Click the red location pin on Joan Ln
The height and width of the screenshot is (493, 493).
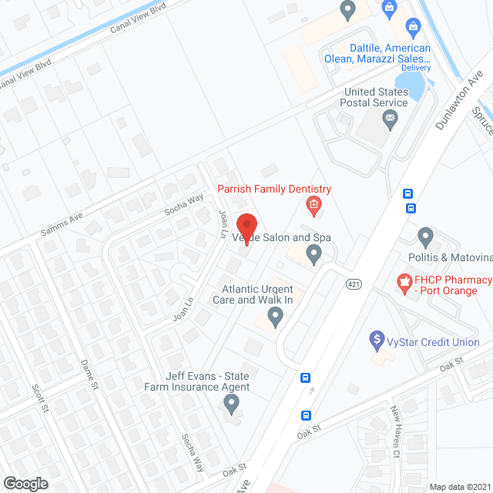(x=246, y=226)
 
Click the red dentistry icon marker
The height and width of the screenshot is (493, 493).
(x=314, y=205)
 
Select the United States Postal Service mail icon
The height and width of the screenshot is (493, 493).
(x=390, y=119)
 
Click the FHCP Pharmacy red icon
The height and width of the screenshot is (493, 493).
(x=402, y=283)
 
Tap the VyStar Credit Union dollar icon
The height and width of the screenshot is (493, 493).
(x=377, y=338)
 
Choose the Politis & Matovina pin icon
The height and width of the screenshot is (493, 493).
(x=425, y=236)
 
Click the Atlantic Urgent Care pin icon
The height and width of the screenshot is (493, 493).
(x=275, y=314)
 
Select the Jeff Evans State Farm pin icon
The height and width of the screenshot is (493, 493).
(x=231, y=402)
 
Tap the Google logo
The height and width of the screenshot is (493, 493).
(x=25, y=483)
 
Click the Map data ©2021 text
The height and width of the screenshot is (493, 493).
(x=459, y=486)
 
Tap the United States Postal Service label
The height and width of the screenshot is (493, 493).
(x=376, y=97)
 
